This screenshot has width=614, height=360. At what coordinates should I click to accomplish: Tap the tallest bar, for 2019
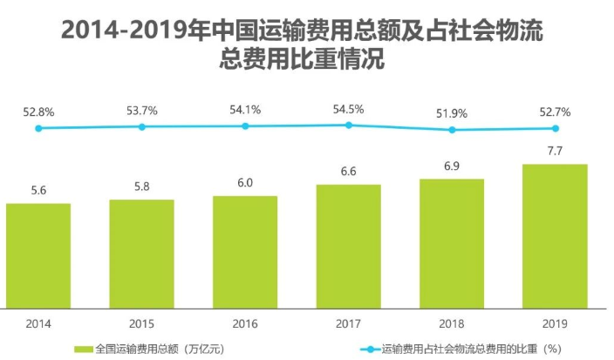555,235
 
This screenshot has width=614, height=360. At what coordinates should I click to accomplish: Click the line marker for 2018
452,130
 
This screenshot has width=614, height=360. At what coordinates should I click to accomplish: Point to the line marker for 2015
141,127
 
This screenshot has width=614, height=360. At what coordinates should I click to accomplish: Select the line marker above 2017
348,126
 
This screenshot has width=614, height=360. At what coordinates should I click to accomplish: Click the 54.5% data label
348,109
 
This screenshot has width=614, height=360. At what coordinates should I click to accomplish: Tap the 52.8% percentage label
38,112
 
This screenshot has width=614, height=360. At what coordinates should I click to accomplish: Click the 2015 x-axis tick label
141,323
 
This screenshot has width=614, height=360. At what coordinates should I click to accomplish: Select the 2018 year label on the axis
452,323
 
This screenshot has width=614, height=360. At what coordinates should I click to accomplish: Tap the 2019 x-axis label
555,323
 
